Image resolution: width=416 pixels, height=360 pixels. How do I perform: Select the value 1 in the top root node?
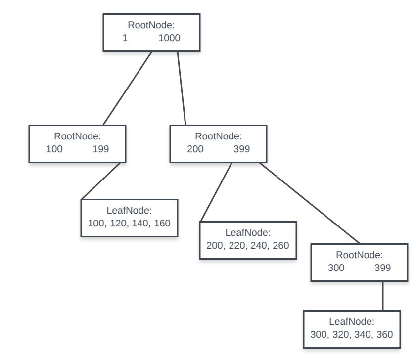pyautogui.click(x=125, y=37)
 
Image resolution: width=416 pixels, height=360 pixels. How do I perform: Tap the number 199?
pyautogui.click(x=101, y=148)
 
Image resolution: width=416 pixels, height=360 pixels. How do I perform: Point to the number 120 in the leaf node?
pyautogui.click(x=118, y=223)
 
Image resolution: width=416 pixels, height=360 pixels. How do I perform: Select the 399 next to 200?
pyautogui.click(x=242, y=148)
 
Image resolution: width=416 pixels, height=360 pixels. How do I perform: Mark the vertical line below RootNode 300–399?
pyautogui.click(x=383, y=296)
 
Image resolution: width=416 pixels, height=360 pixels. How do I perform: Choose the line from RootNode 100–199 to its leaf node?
pyautogui.click(x=101, y=180)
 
